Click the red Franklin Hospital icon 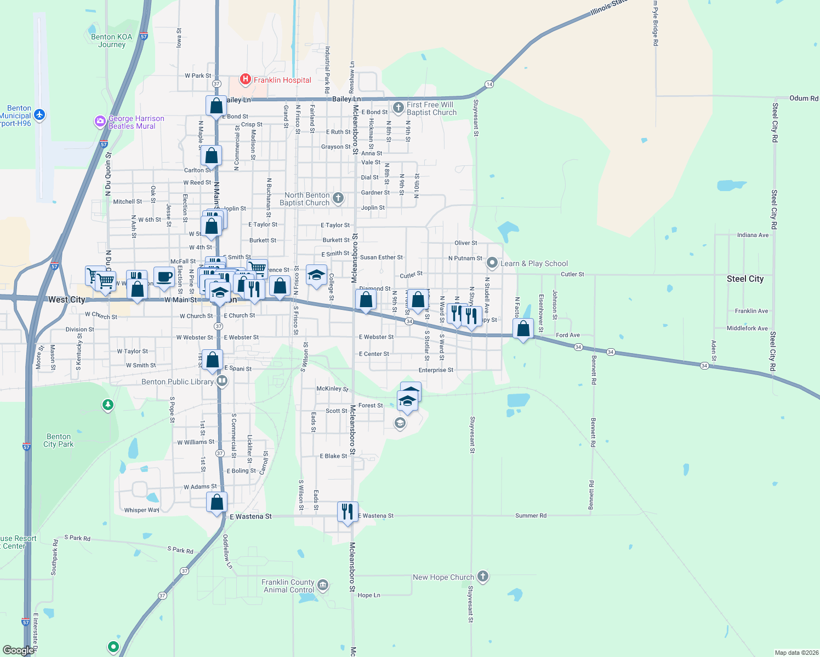[x=246, y=80]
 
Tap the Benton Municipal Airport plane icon [x=39, y=115]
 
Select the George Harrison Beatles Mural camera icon [x=100, y=122]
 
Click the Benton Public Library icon [x=222, y=381]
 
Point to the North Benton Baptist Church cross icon [x=338, y=198]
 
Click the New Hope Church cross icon [x=482, y=576]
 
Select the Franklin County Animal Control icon [x=323, y=585]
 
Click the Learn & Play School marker [x=492, y=263]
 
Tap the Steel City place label [x=745, y=279]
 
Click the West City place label [x=66, y=299]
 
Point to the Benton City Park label [x=59, y=441]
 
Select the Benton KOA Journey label [x=112, y=41]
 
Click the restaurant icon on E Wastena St [x=348, y=511]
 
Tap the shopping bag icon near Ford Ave [x=523, y=328]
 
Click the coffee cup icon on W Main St [x=164, y=277]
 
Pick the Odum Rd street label [x=804, y=99]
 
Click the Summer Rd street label [x=531, y=516]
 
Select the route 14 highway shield [x=489, y=84]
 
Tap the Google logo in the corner [x=19, y=650]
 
